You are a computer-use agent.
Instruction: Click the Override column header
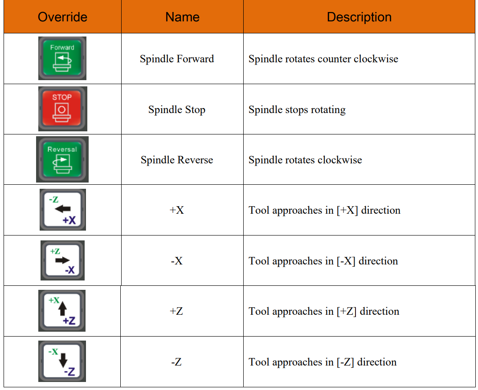pos(62,17)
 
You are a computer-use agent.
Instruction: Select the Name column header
pos(182,17)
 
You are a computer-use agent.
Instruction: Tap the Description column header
pos(359,17)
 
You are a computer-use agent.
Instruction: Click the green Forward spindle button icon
pos(62,58)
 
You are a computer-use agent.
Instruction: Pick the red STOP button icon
pos(62,109)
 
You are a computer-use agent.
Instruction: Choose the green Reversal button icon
pos(62,159)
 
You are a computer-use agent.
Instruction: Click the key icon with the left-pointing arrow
pos(63,210)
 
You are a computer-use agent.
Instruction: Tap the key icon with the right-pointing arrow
pos(62,260)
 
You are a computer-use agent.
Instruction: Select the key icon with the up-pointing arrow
pos(62,311)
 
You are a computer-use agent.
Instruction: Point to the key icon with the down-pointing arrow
pos(62,362)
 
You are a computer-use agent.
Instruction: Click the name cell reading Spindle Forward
pos(177,58)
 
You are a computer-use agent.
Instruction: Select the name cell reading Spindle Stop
pos(177,110)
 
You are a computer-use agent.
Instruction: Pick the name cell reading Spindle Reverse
pos(177,160)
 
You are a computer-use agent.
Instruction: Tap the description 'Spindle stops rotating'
pos(297,110)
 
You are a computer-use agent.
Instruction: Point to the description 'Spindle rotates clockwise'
pos(305,160)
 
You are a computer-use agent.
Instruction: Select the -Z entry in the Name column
pos(176,362)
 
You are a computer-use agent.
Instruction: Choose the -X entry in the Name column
pos(177,261)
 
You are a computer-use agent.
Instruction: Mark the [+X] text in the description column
pos(347,210)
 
